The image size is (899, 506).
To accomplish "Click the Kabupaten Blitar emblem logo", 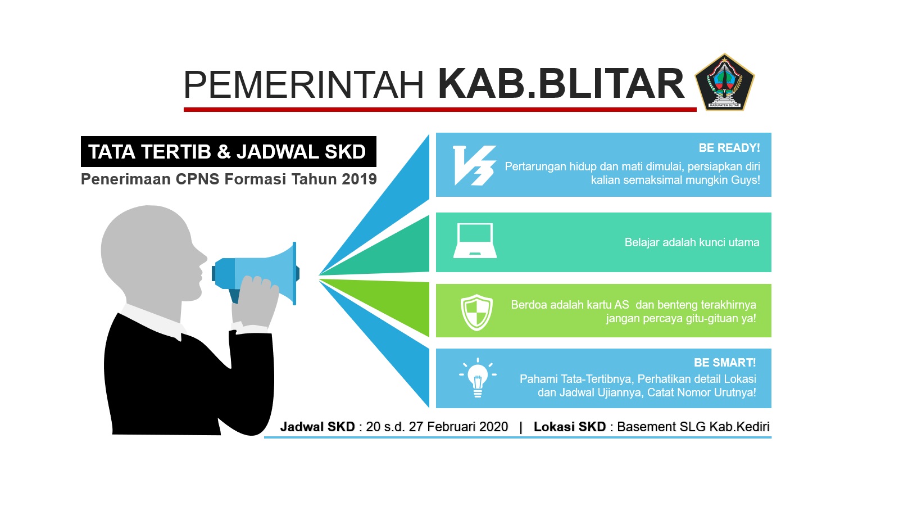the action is point(724,82).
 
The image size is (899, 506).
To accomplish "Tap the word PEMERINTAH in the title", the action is point(304,85).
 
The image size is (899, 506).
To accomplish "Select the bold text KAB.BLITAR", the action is point(561,84).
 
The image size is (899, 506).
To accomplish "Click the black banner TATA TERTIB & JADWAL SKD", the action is point(228,151).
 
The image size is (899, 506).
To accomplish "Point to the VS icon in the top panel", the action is point(474,165).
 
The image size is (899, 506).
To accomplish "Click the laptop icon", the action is point(475,241).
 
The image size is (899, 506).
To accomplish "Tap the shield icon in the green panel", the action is point(476,313).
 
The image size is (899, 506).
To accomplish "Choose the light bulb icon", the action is point(478,377).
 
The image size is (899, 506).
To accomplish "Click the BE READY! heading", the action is point(729,148).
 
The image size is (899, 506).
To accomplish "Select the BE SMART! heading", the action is point(725,363).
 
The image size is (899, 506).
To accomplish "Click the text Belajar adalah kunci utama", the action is point(692,242).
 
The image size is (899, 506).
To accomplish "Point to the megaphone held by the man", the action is point(256,273).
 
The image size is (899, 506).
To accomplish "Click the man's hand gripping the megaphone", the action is point(256,301).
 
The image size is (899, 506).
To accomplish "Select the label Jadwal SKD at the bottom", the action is point(317,427).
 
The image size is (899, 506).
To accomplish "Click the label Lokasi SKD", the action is point(570,427).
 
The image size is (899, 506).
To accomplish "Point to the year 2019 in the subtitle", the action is point(359,179).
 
